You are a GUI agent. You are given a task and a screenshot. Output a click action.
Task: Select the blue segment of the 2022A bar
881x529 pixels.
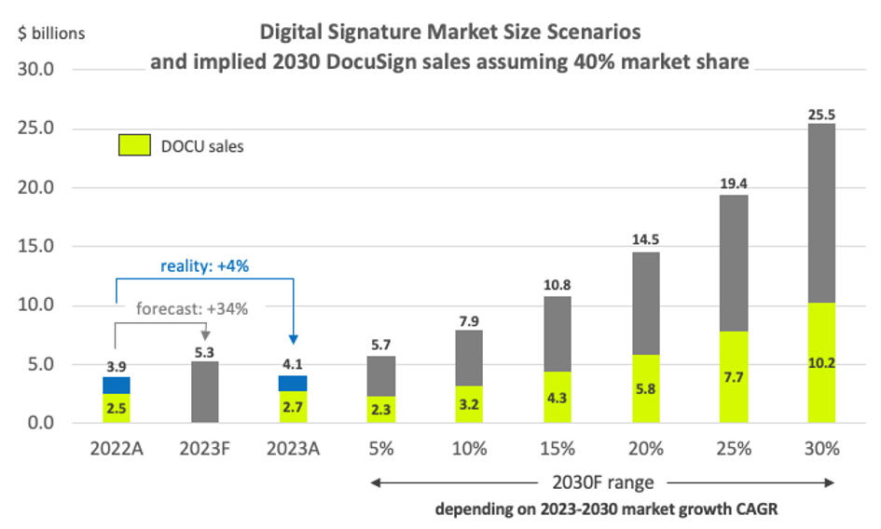point(117,385)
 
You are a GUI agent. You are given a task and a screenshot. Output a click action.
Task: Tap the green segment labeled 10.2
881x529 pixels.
point(821,363)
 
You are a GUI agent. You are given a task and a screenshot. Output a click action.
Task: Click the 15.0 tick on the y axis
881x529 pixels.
point(36,247)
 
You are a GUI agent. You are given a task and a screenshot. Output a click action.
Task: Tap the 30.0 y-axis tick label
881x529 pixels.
point(36,70)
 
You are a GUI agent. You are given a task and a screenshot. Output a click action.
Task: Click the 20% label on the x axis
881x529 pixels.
point(645,448)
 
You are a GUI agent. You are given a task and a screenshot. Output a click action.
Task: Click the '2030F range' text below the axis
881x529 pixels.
point(602,482)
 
